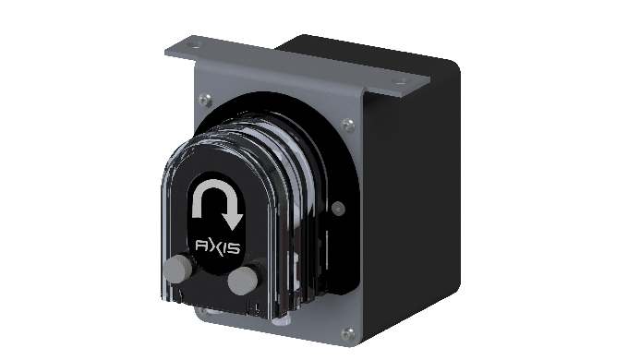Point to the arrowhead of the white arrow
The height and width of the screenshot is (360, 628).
coord(232,222)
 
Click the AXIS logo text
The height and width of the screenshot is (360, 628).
coord(217,246)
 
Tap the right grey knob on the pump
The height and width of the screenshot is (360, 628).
coord(245,279)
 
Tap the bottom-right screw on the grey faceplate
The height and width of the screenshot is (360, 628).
coord(345,332)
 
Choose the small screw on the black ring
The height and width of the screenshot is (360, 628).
coord(337,208)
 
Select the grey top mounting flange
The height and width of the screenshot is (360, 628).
coord(296,65)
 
